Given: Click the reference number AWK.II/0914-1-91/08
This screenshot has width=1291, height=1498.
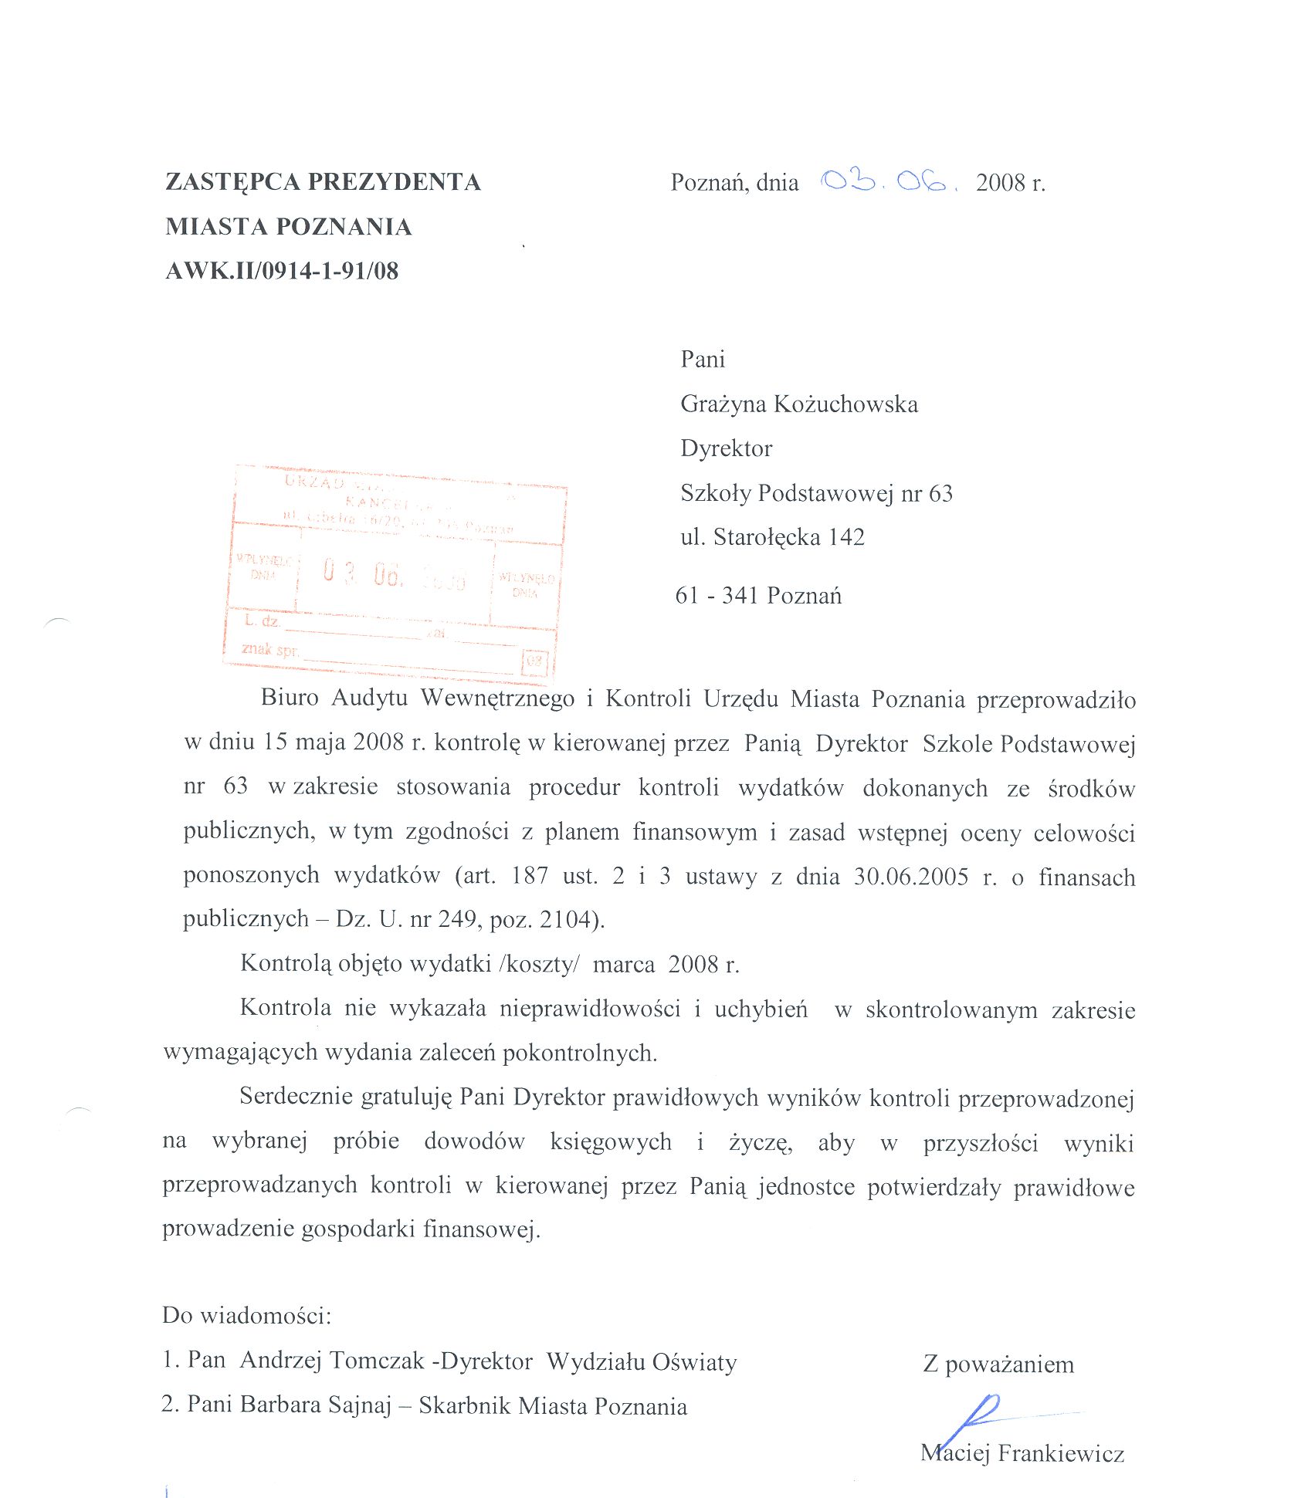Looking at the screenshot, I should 282,271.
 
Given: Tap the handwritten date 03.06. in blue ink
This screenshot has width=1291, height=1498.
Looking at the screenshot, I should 888,182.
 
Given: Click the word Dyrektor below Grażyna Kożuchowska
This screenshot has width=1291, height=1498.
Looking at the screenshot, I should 726,448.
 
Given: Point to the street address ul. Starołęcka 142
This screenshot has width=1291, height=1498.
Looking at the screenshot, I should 772,537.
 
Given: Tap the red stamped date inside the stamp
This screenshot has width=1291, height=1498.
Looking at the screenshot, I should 394,575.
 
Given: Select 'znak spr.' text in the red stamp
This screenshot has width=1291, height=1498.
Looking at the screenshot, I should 269,649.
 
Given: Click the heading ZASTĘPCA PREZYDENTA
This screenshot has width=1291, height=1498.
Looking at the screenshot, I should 323,182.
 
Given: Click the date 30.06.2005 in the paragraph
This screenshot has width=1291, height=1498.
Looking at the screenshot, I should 911,877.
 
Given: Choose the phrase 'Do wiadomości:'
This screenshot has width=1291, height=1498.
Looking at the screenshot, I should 246,1315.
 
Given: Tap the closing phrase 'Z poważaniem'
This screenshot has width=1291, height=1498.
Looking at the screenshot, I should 998,1364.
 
